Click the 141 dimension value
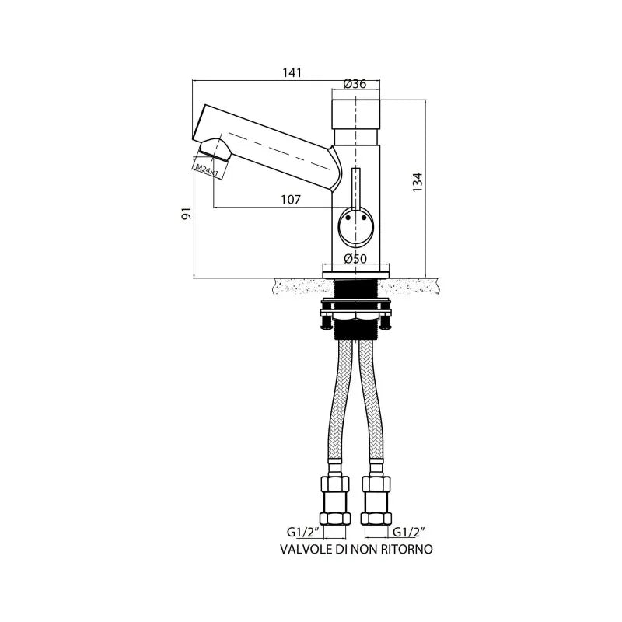(x=292, y=72)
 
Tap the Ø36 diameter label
(x=355, y=84)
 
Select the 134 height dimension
(x=418, y=183)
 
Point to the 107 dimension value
(x=291, y=200)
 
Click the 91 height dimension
(x=187, y=213)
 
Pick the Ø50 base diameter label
(x=355, y=259)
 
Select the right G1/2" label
(x=409, y=532)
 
